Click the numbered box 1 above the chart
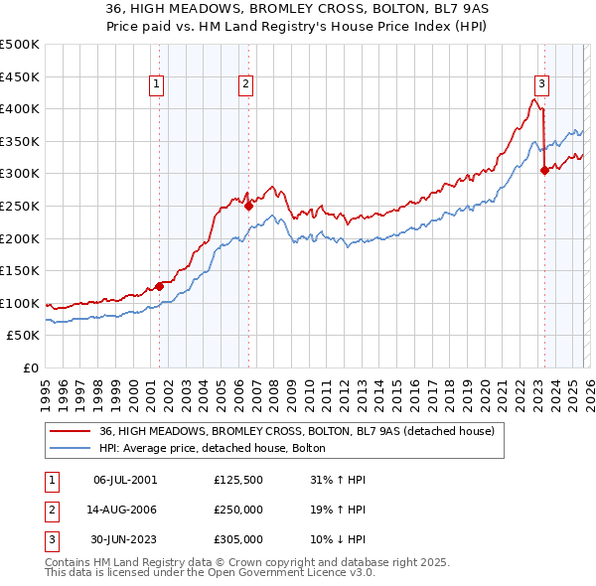pos(158,84)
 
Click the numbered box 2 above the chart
pos(245,84)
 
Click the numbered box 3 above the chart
pos(542,84)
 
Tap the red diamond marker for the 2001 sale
pos(160,286)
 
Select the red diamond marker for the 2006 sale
pos(248,206)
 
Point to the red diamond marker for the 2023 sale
pos(544,170)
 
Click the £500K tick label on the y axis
pos(20,45)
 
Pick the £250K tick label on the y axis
pos(20,206)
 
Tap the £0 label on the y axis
pos(30,367)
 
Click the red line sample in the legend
pos(72,431)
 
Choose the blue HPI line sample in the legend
pos(72,449)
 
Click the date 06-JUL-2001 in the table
pos(124,480)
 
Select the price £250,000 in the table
pos(238,510)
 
